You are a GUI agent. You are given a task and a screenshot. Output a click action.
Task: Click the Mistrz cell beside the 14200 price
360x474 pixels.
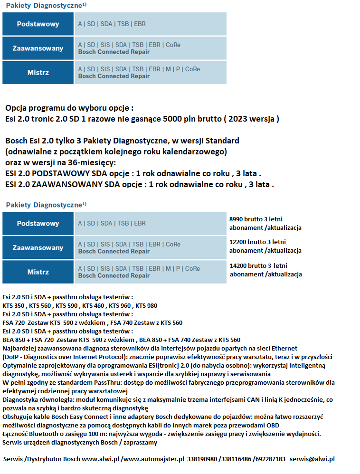click(x=38, y=272)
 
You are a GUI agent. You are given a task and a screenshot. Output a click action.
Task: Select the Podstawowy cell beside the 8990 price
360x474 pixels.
click(x=38, y=223)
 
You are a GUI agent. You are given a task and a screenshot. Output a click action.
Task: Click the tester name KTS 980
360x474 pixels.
click(x=146, y=305)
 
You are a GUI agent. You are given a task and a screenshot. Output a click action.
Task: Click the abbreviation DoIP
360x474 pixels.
click(x=13, y=357)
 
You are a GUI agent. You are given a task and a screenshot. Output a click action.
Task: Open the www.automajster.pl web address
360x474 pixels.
click(x=153, y=459)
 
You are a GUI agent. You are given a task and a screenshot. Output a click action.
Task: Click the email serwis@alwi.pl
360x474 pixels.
click(x=312, y=459)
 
